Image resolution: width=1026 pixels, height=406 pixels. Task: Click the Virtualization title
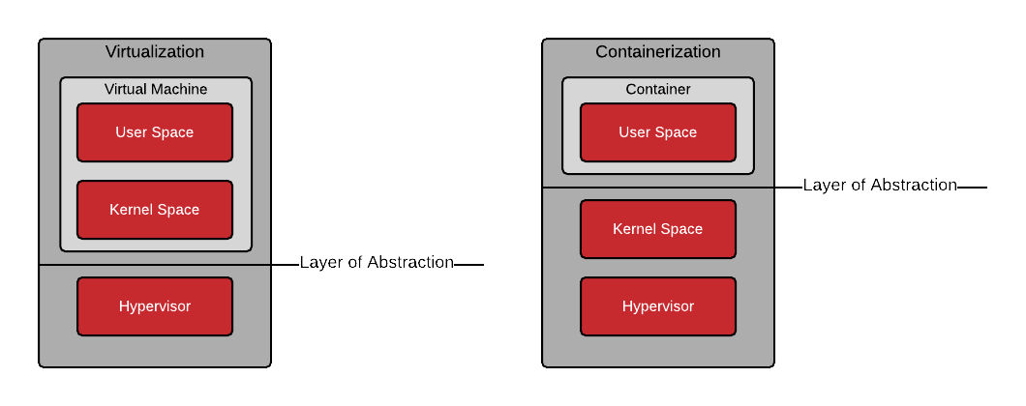(x=155, y=52)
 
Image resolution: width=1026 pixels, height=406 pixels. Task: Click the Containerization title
(x=658, y=52)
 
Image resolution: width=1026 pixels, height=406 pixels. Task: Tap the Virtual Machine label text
(x=156, y=89)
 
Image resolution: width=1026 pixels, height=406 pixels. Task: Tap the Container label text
(x=658, y=89)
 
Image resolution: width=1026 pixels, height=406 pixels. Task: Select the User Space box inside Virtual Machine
(x=155, y=132)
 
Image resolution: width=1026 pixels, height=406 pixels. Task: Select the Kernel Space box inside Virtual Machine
(x=155, y=210)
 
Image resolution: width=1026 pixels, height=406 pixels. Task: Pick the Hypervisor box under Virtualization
(x=155, y=306)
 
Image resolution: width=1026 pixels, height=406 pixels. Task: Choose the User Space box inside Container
(x=658, y=132)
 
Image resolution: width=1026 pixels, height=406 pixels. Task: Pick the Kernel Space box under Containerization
(x=658, y=229)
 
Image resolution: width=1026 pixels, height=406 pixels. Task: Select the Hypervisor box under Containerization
(x=658, y=306)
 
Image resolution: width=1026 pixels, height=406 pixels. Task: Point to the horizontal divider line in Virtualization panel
(x=155, y=264)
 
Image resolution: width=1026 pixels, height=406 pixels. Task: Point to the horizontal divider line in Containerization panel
(x=658, y=187)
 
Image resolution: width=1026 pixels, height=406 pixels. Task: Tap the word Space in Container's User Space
(x=677, y=132)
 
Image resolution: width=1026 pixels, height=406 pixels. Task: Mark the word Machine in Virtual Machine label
(x=180, y=89)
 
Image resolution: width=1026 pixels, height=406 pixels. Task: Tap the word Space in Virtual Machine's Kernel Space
(x=178, y=210)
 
